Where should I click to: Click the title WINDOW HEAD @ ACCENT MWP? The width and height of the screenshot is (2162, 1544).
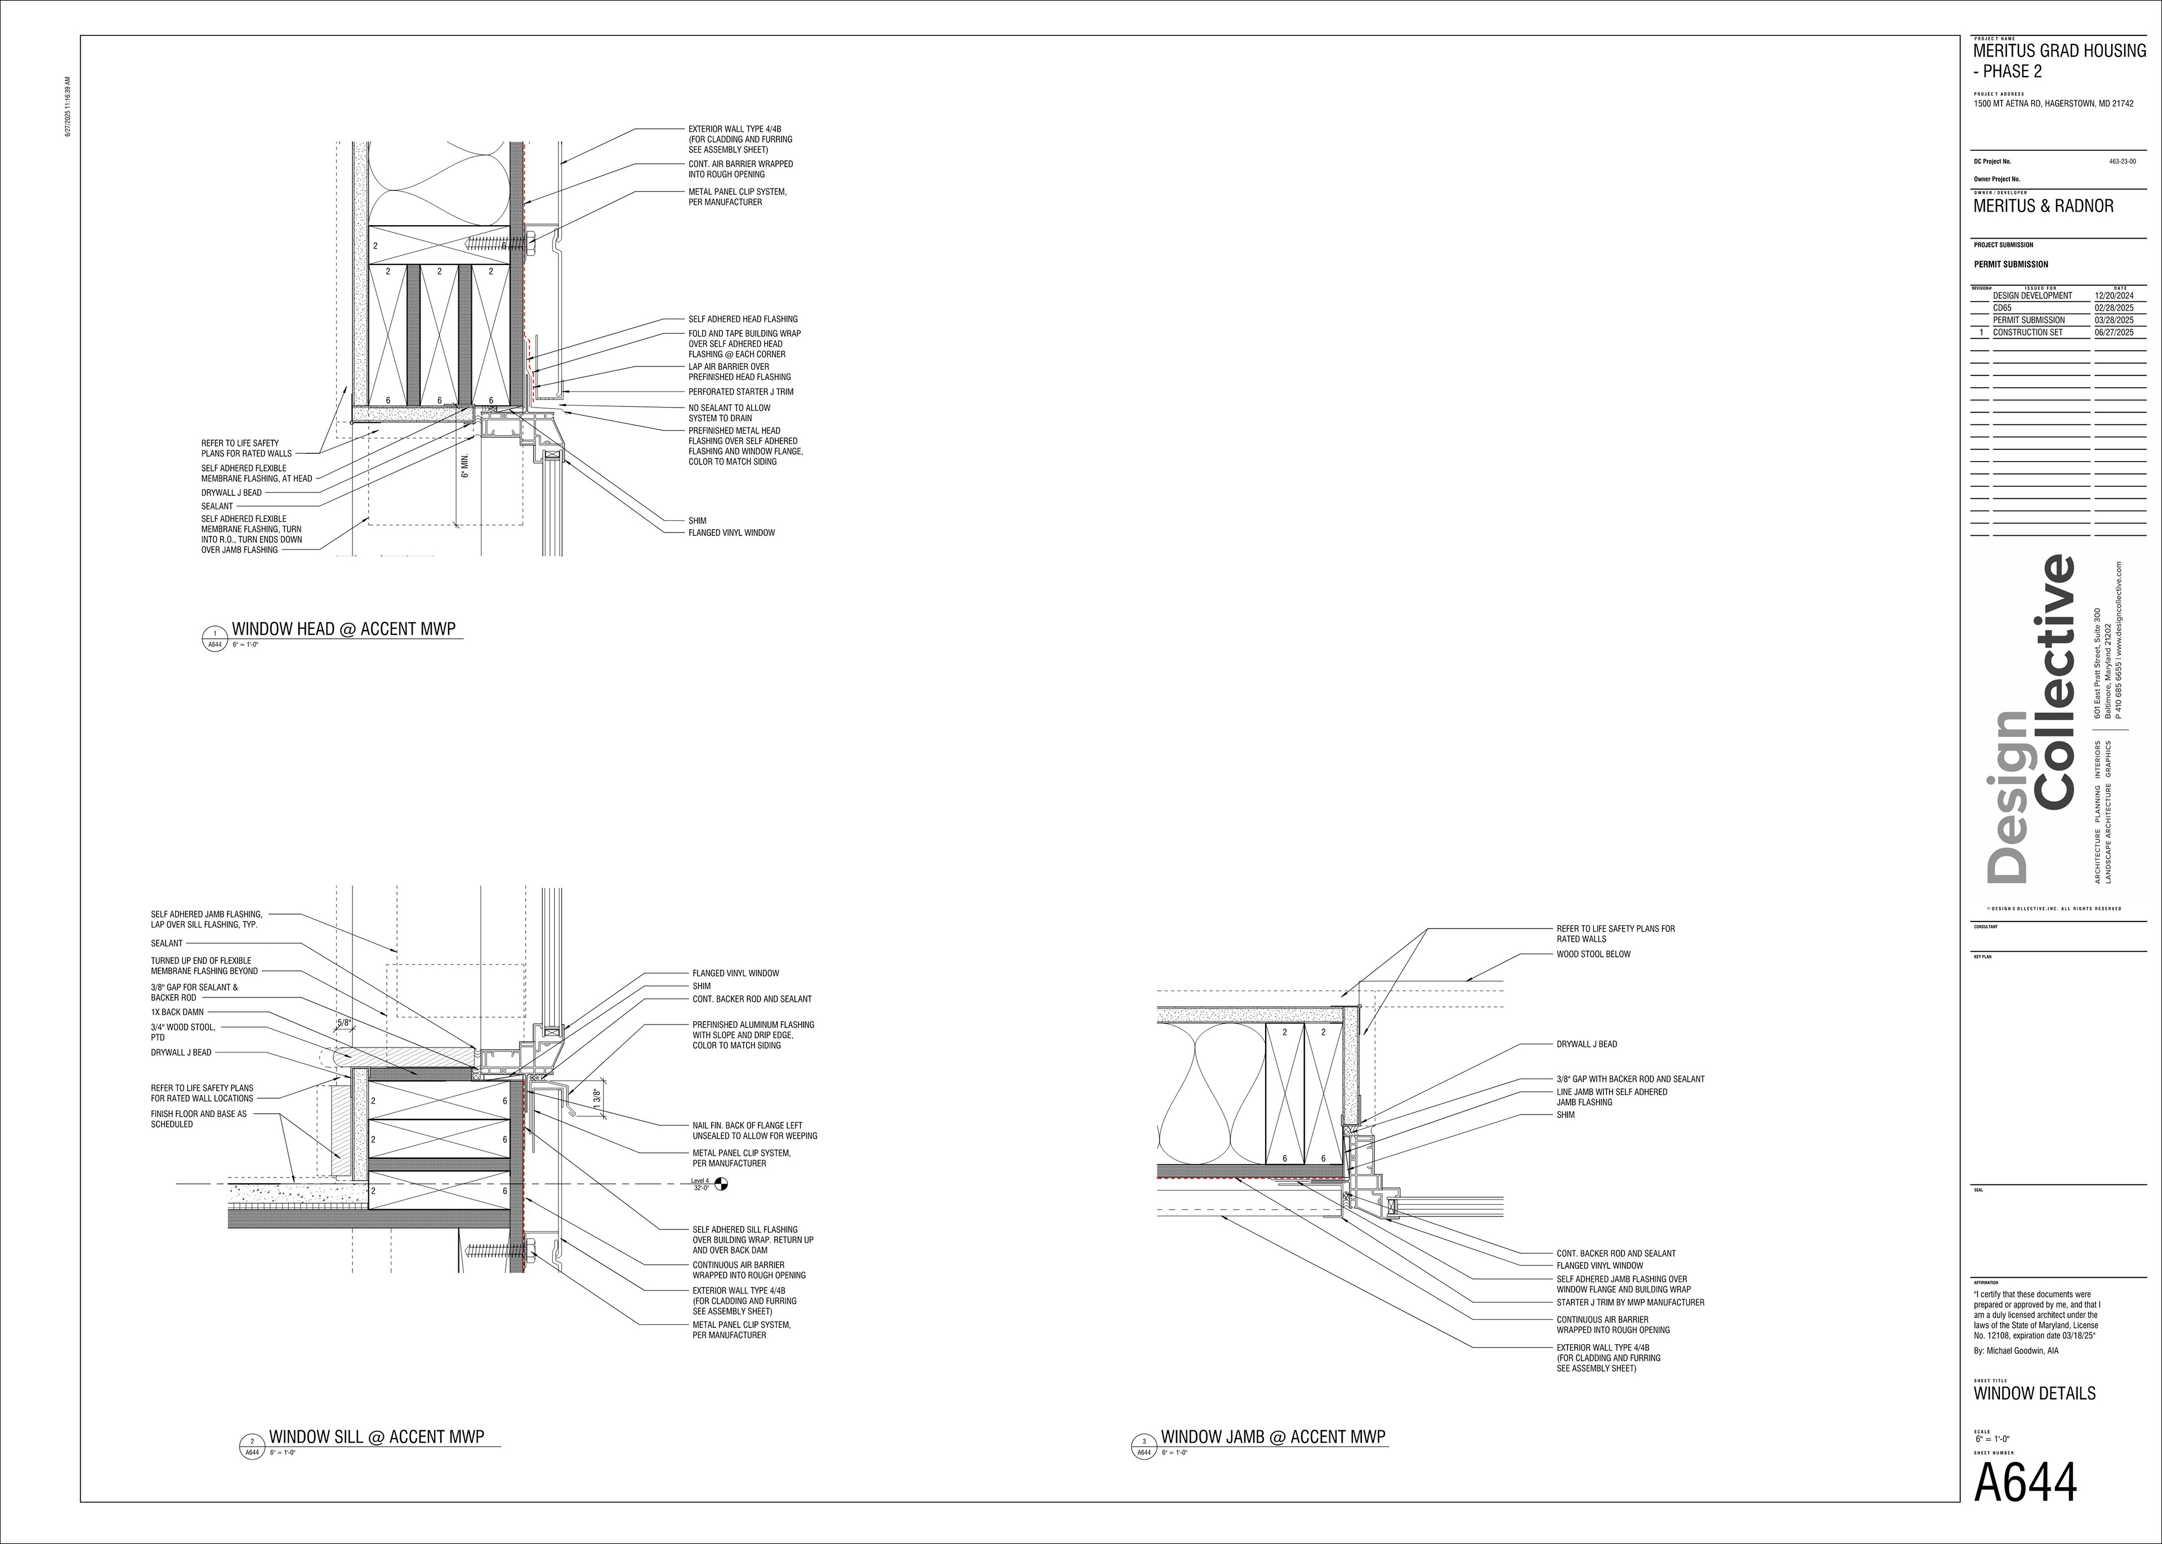tap(343, 628)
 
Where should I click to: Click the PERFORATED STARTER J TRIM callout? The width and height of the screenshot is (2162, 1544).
tap(740, 392)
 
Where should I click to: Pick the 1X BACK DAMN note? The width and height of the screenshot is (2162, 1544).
tap(177, 1013)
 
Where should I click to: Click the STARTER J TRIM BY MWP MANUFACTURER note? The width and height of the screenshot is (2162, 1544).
tap(1629, 1303)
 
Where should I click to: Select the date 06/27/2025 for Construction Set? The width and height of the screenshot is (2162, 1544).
tap(2114, 333)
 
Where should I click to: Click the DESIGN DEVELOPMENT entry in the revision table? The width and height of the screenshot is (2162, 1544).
tap(2032, 296)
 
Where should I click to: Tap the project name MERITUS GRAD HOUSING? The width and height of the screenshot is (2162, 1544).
tap(2060, 51)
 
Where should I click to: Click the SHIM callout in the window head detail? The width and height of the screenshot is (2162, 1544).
tap(697, 521)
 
